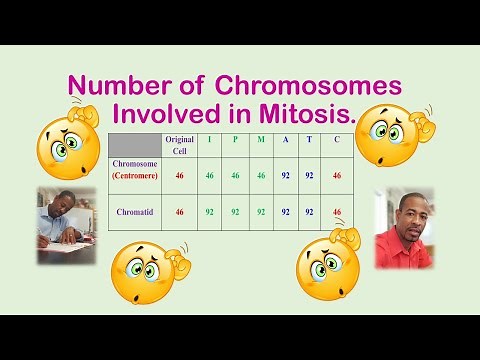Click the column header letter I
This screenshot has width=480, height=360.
pos(210,139)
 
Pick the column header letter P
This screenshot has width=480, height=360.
pos(235,139)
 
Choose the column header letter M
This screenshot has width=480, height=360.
pos(261,139)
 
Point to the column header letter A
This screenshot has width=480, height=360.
pos(286,139)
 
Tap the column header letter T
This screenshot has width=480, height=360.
pos(311,139)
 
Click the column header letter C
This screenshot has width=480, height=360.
pos(337,139)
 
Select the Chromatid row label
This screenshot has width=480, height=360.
pos(134,211)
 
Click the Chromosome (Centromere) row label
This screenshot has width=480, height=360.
pos(134,174)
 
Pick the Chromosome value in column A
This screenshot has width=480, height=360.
pos(286,174)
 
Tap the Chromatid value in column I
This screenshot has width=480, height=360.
pos(210,211)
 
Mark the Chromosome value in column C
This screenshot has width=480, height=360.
pos(337,174)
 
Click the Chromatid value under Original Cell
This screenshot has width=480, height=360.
pos(180,211)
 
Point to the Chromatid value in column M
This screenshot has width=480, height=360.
pos(261,211)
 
